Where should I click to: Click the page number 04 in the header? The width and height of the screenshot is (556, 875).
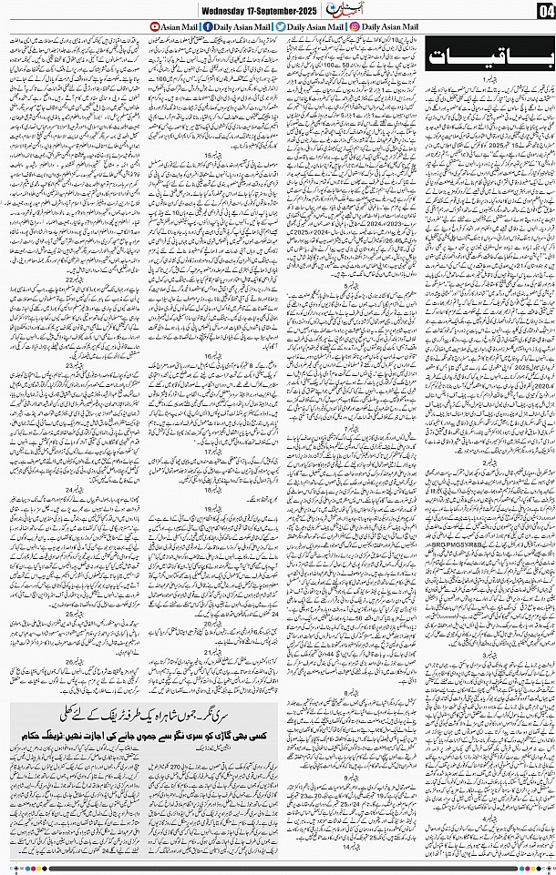[545, 10]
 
